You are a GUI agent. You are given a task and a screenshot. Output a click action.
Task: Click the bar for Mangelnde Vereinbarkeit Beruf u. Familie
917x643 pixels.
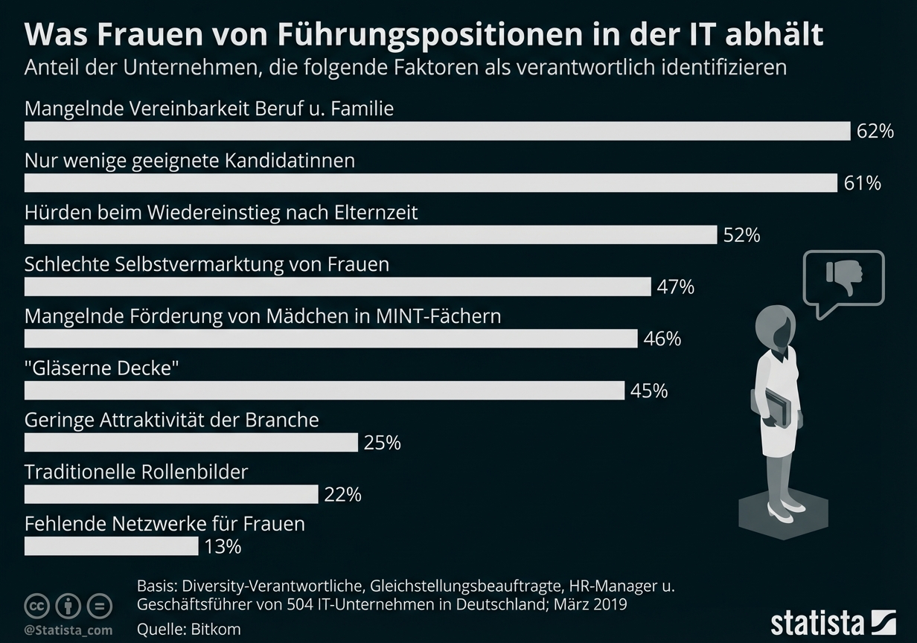pos(437,131)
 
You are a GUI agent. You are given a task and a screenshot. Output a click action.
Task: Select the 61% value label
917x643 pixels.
pos(862,183)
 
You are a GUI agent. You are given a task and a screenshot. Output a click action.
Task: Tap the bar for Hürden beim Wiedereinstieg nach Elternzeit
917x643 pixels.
pos(371,235)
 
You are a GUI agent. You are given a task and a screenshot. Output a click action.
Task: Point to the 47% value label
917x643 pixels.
pos(676,287)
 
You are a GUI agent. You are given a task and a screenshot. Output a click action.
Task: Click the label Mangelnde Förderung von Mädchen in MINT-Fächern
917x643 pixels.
pos(263,316)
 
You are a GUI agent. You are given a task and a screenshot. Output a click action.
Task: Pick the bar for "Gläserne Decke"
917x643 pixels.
pos(325,391)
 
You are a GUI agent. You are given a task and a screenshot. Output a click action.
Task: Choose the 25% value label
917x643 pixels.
pos(383,444)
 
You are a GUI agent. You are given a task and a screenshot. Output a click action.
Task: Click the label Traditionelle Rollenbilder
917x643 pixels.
pos(136,472)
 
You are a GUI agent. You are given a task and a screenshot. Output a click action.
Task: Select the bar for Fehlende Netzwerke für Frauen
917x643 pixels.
pos(112,547)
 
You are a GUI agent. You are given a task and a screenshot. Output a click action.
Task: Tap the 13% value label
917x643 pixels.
pos(223,547)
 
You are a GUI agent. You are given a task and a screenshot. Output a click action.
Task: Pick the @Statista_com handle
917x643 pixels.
pos(68,630)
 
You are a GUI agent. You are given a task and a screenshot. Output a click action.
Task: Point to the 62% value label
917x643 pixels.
pos(875,132)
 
